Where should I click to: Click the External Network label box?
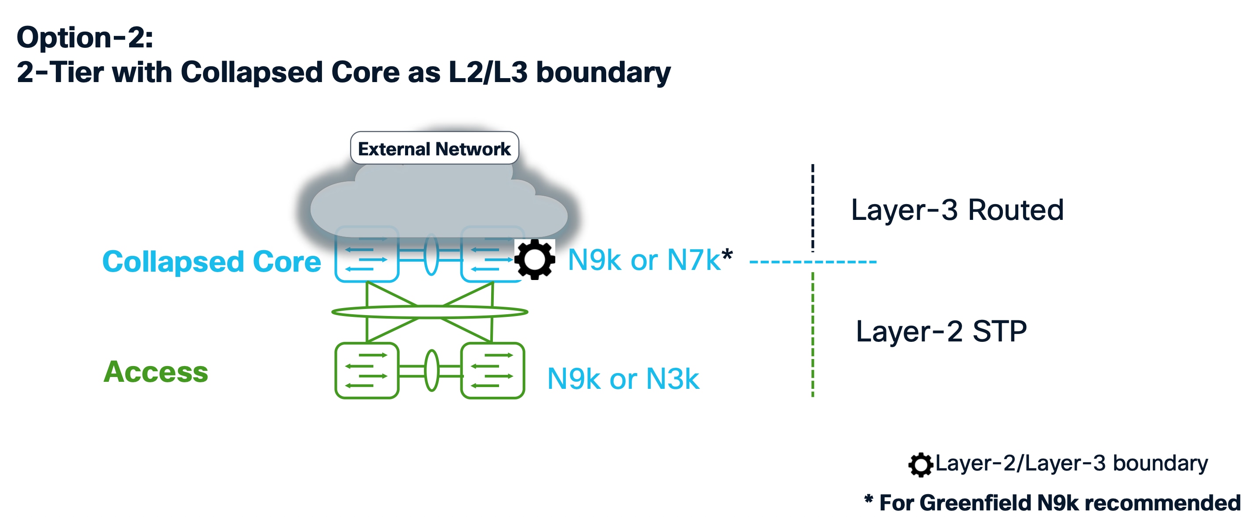click(x=434, y=148)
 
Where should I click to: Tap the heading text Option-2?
click(x=85, y=37)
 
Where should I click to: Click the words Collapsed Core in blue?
click(x=211, y=262)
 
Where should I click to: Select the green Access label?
click(x=156, y=372)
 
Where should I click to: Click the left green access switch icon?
click(x=367, y=371)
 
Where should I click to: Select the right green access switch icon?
click(x=492, y=371)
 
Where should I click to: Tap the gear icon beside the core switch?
click(x=535, y=259)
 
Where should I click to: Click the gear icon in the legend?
click(x=920, y=465)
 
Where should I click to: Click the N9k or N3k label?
click(x=623, y=379)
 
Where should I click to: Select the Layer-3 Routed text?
click(x=957, y=210)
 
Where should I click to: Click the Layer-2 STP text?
click(x=941, y=331)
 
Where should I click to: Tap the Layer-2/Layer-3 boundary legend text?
click(x=1071, y=463)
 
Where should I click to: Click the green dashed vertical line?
click(x=813, y=335)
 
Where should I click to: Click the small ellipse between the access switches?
click(x=431, y=371)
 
